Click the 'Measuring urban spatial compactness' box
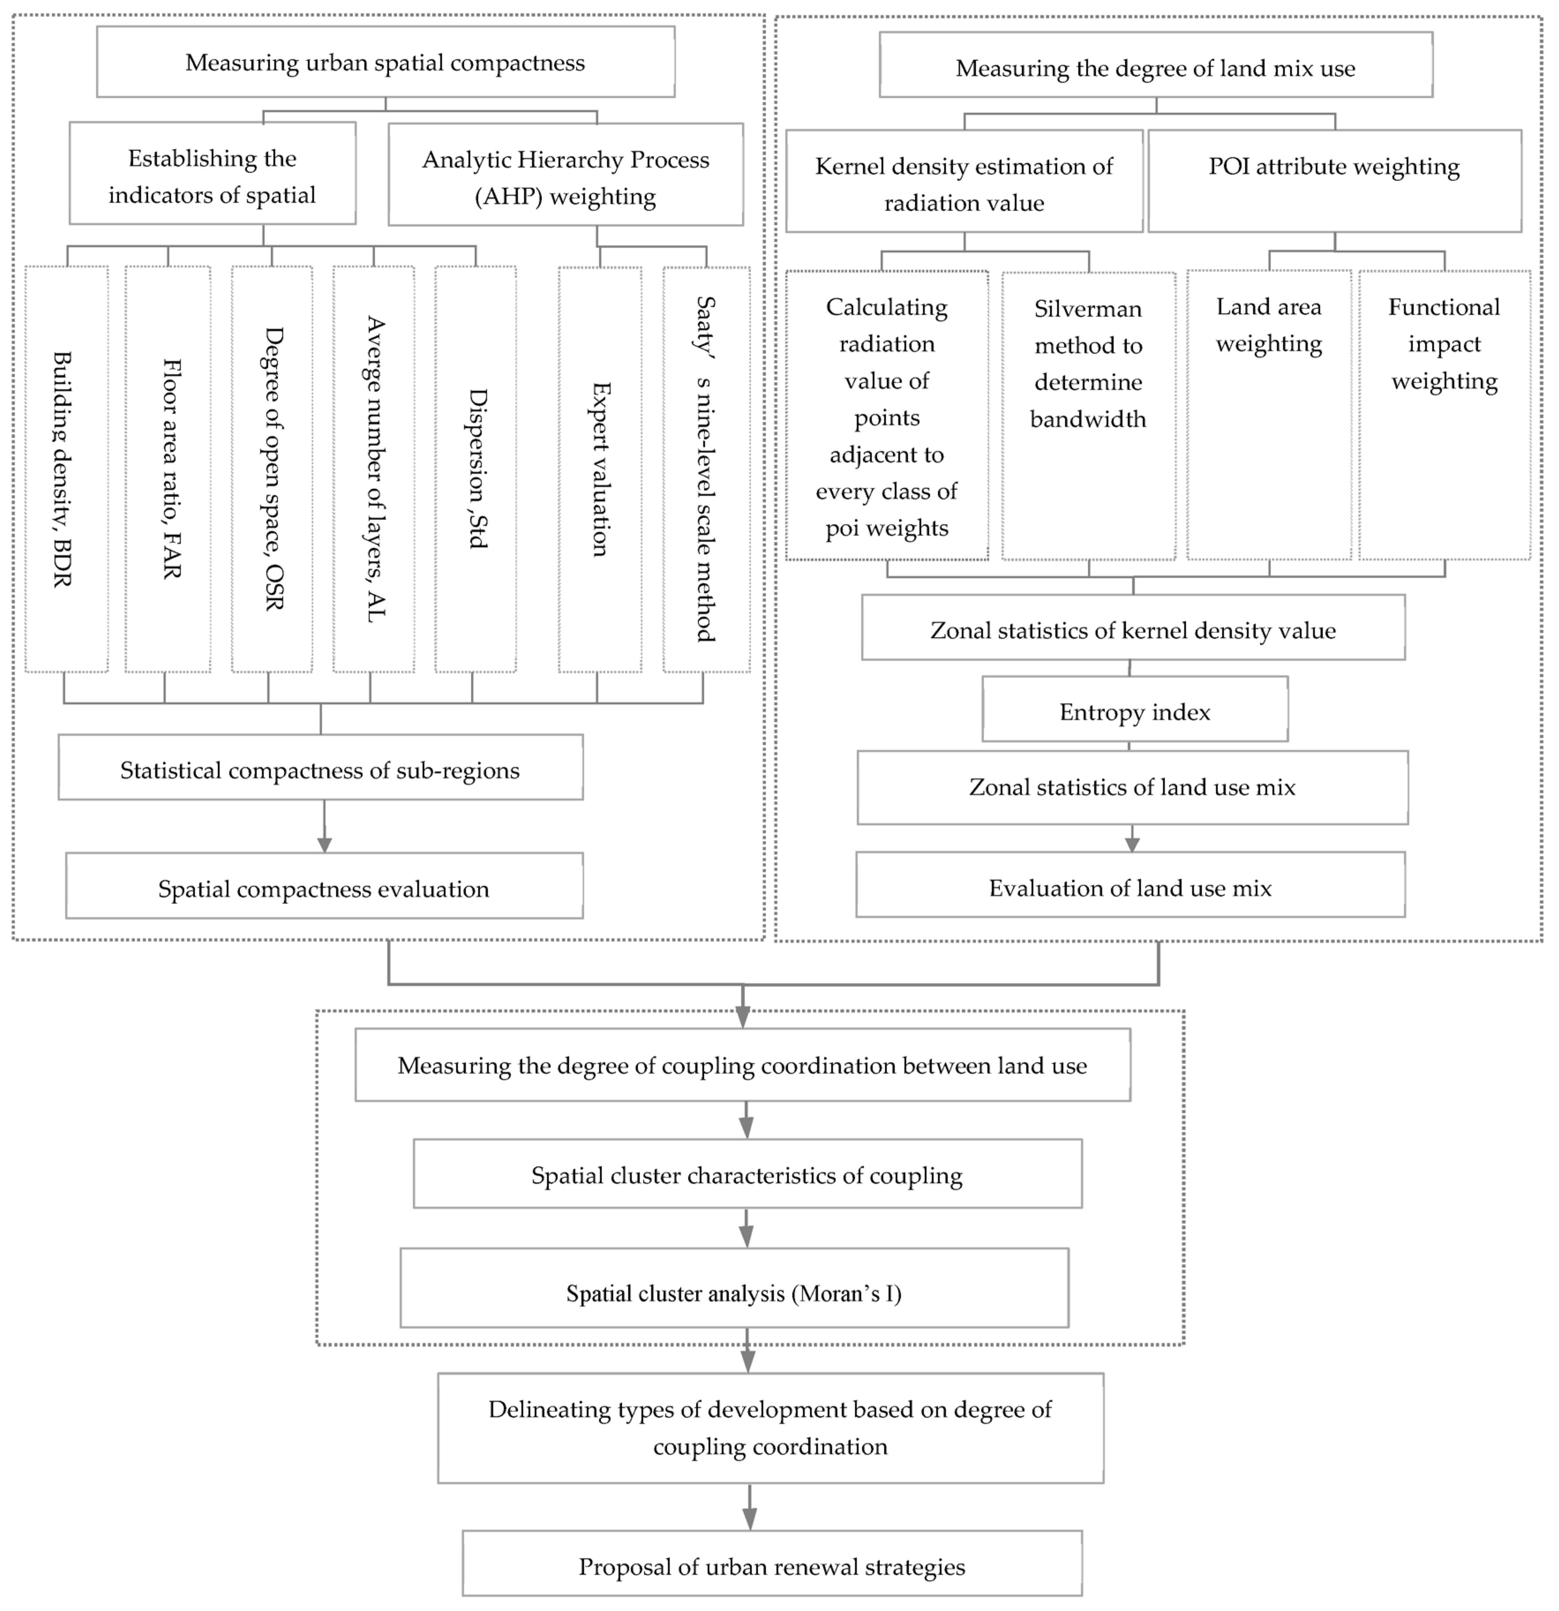[x=385, y=63]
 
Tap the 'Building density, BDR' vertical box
[x=66, y=468]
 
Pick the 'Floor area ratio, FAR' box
[x=168, y=468]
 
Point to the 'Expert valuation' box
[x=600, y=468]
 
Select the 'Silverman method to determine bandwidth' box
[x=1088, y=415]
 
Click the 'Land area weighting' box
[x=1269, y=415]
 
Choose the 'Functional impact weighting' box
[x=1444, y=415]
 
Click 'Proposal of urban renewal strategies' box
[x=772, y=1566]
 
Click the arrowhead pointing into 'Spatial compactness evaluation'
[x=324, y=844]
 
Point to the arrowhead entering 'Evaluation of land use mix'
[x=1132, y=844]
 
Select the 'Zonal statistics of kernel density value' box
[x=1132, y=629]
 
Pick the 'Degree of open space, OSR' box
[x=272, y=468]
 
